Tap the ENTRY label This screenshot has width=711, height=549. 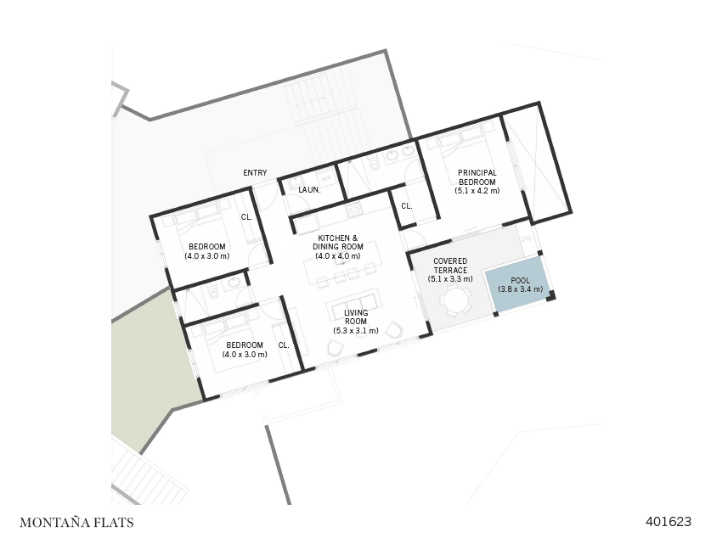(x=255, y=173)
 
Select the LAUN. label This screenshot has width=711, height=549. (x=309, y=190)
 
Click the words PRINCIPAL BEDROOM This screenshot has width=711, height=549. (x=477, y=177)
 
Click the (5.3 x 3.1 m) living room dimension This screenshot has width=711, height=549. (x=355, y=330)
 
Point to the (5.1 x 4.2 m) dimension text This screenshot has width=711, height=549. (x=477, y=191)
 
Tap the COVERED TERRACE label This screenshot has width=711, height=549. (x=450, y=266)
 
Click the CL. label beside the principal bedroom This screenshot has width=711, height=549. (x=406, y=206)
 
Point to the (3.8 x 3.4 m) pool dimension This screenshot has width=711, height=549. (x=520, y=289)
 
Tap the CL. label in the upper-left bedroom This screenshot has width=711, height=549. (x=246, y=217)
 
